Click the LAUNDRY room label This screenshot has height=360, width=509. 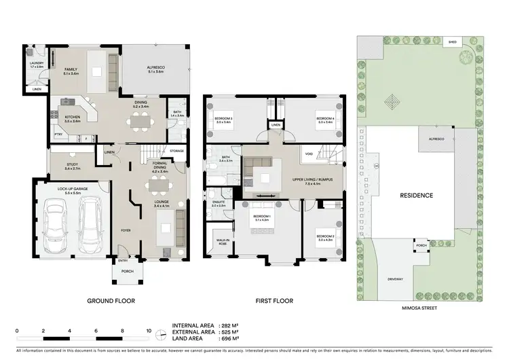click(x=36, y=65)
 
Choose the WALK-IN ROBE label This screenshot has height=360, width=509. click(x=223, y=240)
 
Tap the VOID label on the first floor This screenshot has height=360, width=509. click(x=309, y=154)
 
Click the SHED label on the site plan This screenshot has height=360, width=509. click(x=452, y=42)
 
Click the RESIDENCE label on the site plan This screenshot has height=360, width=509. click(x=416, y=195)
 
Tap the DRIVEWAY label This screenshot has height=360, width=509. click(x=394, y=279)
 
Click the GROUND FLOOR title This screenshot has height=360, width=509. click(x=111, y=300)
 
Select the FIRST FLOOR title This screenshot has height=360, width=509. click(x=274, y=300)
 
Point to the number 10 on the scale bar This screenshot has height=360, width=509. click(x=149, y=330)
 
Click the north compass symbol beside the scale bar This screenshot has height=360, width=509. click(x=161, y=333)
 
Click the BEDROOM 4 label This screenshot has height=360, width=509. click(x=324, y=120)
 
